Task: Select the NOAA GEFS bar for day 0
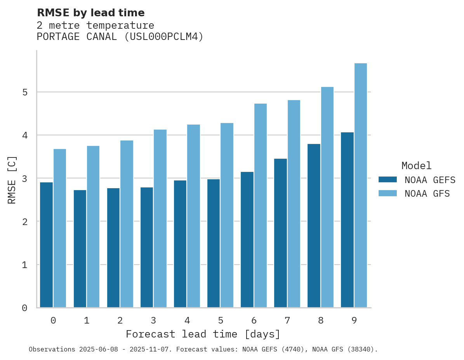[x=47, y=245]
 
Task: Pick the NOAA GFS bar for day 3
[x=160, y=219]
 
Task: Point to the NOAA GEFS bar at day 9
[x=347, y=220]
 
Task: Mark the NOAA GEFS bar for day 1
[x=80, y=249]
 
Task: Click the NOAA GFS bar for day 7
[x=294, y=204]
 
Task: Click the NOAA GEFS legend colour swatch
[x=388, y=180]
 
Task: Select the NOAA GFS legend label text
[x=427, y=194]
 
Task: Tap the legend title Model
[x=416, y=166]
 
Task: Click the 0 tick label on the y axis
[x=24, y=308]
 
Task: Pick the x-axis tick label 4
[x=187, y=320]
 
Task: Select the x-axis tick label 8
[x=320, y=320]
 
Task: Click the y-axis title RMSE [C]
[x=12, y=180]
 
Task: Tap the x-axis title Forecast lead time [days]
[x=203, y=334]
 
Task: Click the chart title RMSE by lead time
[x=90, y=13]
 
